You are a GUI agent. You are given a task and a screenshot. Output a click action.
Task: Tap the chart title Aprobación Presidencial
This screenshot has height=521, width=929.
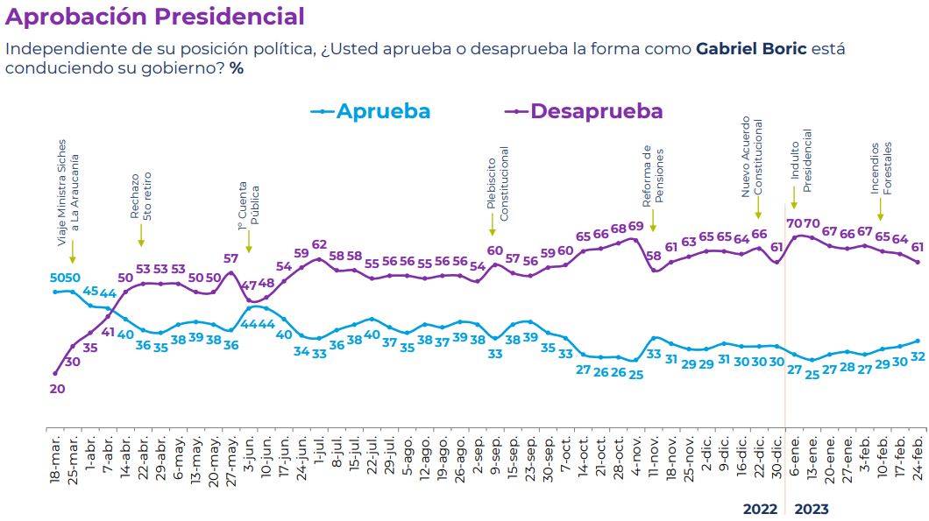pyautogui.click(x=155, y=16)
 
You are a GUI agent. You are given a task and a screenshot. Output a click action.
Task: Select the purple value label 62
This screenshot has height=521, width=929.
pyautogui.click(x=319, y=244)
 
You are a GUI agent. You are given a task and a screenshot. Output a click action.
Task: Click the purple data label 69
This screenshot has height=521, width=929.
pyautogui.click(x=635, y=226)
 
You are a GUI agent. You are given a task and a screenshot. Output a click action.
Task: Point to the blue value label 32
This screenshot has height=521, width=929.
pyautogui.click(x=918, y=356)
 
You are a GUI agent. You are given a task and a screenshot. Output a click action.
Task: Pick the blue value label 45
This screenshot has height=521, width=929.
pyautogui.click(x=90, y=291)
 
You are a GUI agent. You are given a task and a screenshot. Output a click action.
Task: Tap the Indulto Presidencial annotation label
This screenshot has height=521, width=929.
pyautogui.click(x=801, y=161)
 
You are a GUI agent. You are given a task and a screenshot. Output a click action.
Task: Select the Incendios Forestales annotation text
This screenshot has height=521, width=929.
pyautogui.click(x=881, y=168)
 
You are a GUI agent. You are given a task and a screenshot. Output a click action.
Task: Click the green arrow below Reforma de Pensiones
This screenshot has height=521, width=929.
pyautogui.click(x=653, y=226)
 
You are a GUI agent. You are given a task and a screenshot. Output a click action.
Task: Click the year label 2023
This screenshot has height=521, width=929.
pyautogui.click(x=811, y=509)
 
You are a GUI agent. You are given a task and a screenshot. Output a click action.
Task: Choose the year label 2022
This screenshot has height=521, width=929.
pyautogui.click(x=760, y=509)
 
